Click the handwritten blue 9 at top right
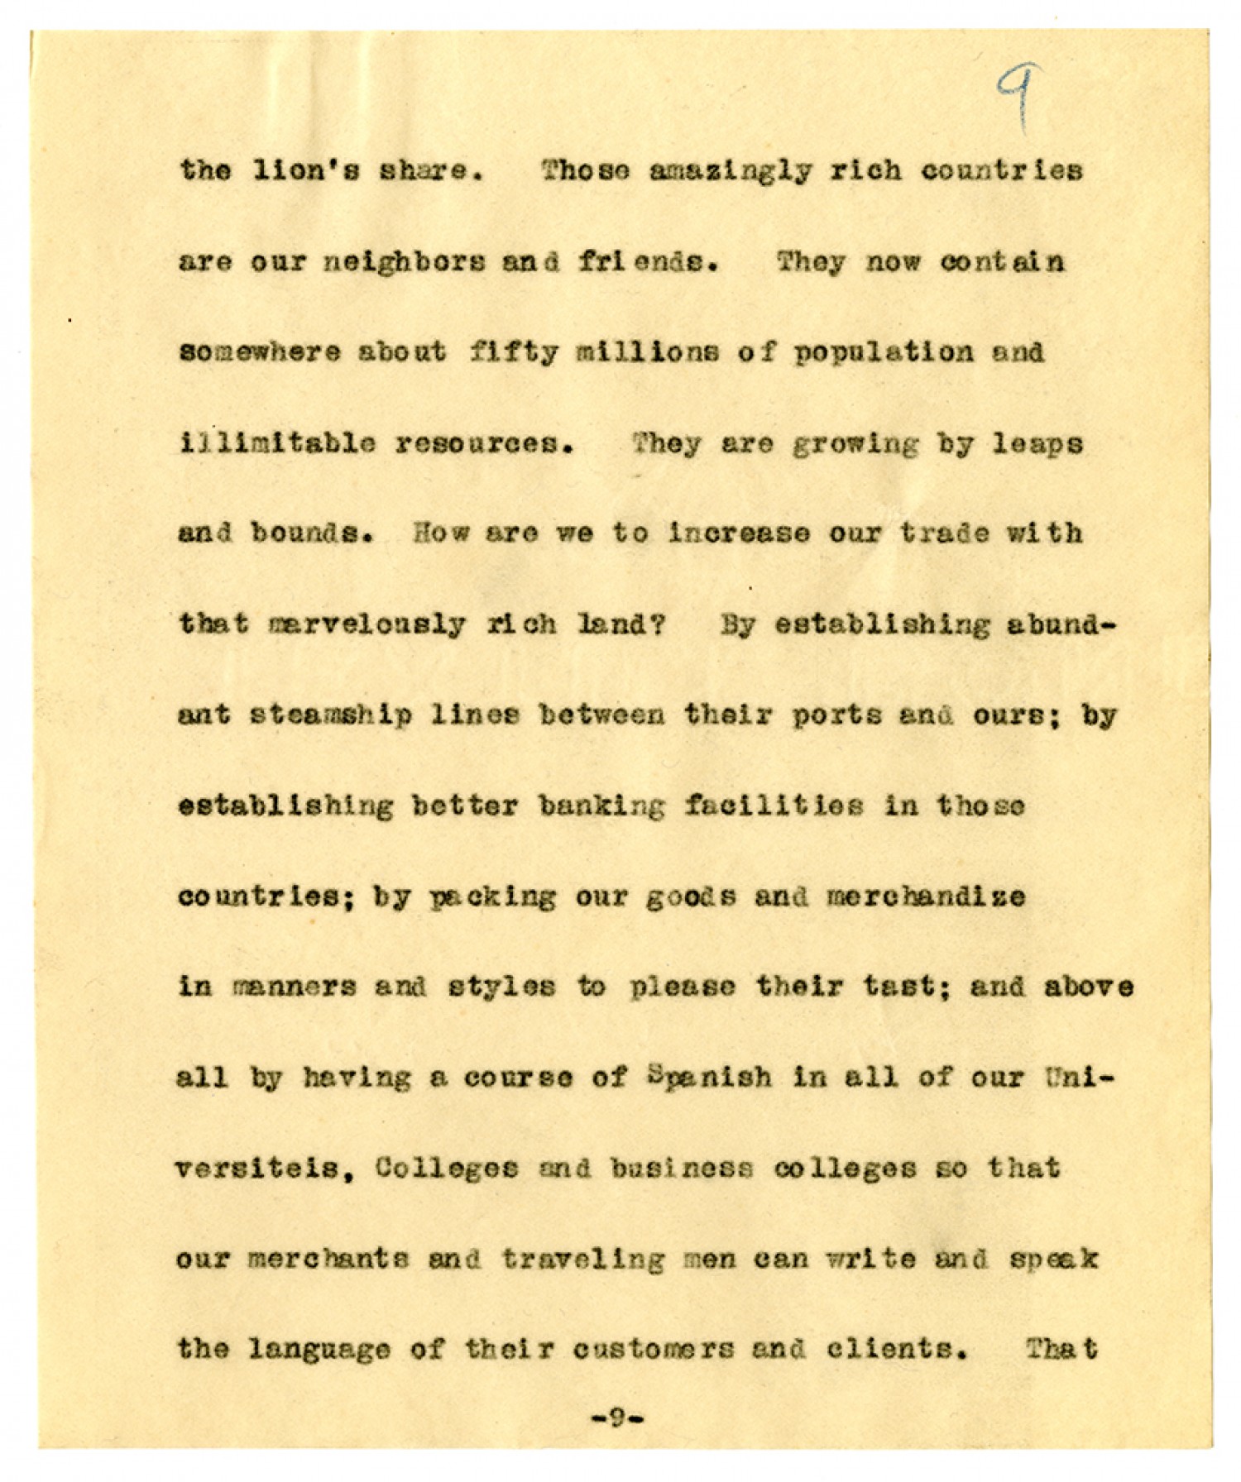(1018, 97)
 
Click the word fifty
(512, 353)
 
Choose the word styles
(501, 987)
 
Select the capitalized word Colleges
(448, 1169)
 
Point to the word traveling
(583, 1260)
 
